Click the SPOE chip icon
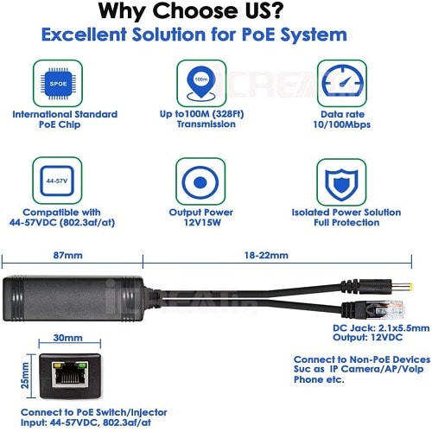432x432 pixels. point(58,84)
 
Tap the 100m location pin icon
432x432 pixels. point(201,83)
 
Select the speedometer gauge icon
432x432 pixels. point(342,81)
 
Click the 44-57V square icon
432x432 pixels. point(57,181)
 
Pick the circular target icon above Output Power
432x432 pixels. point(200,182)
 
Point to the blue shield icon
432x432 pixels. point(341,184)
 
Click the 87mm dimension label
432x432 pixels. point(68,255)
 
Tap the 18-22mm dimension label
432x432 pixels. point(266,255)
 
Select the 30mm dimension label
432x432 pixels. point(68,338)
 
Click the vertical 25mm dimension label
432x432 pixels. point(25,375)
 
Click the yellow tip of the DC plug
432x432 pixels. point(410,287)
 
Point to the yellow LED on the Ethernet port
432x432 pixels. point(57,365)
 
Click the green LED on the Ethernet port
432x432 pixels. point(82,365)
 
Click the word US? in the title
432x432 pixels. point(259,11)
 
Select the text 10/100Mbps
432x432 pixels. point(342,124)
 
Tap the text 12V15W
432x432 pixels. point(202,222)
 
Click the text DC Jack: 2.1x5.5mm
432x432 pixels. point(381,328)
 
